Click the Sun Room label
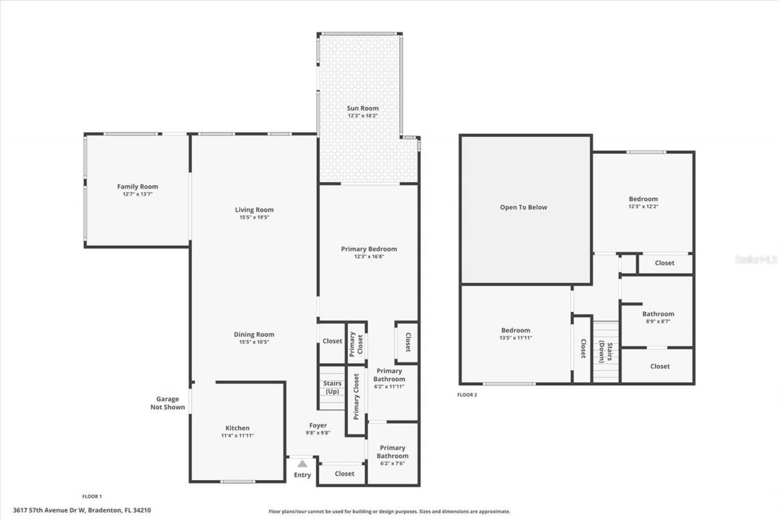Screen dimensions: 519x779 363,108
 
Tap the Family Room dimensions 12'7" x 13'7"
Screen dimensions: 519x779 138,194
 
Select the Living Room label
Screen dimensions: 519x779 254,210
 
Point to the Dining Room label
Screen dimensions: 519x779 254,334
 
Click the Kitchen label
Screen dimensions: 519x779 237,428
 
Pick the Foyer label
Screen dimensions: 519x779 318,425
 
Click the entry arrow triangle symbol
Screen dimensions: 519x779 302,464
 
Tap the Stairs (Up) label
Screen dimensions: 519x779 332,387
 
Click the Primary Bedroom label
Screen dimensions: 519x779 369,249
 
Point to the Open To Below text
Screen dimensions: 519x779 523,207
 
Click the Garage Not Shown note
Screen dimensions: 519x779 167,403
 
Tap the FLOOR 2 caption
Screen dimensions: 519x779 467,395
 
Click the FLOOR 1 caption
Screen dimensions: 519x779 92,496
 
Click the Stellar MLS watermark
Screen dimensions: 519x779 756,259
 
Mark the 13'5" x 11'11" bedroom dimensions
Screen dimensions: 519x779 515,338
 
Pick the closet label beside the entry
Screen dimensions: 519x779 344,473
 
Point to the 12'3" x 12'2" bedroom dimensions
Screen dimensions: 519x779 643,206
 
